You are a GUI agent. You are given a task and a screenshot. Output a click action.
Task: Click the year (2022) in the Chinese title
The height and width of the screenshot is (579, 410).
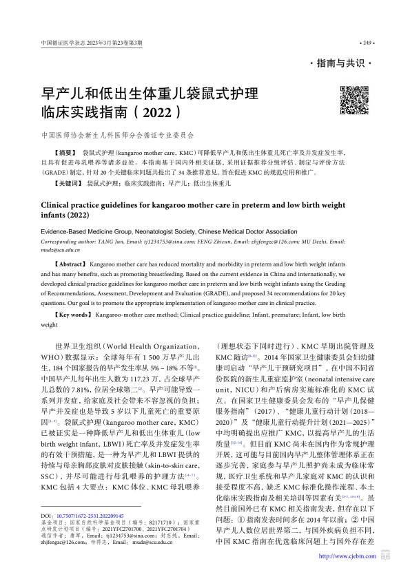point(159,110)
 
